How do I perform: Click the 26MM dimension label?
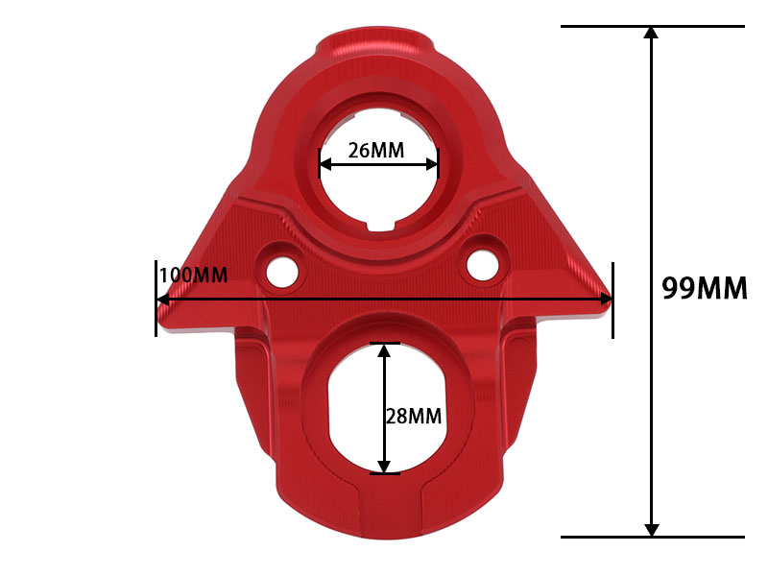coord(375,150)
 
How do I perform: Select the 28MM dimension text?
coord(413,416)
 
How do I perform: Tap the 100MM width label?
coord(193,276)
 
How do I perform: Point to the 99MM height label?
coord(704,288)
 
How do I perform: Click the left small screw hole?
coord(282,270)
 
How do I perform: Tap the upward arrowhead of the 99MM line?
coord(652,34)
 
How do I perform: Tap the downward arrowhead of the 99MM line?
coord(652,529)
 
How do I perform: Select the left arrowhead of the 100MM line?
coord(163,300)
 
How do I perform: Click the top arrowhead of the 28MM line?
coord(385,350)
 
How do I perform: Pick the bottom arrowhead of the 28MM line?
coord(385,466)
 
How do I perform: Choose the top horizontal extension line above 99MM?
coord(653,26)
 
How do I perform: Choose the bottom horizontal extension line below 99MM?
coord(653,537)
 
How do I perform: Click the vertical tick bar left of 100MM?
coord(156,298)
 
